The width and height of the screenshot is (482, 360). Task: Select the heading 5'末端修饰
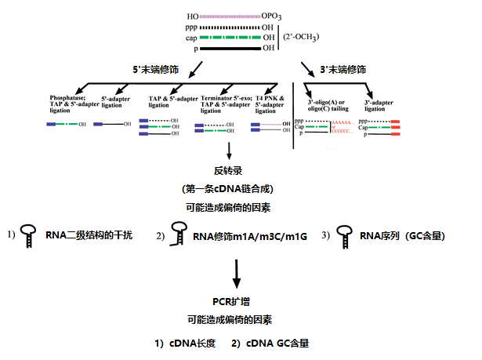coord(157,69)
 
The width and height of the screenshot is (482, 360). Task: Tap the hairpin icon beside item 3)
coord(342,234)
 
